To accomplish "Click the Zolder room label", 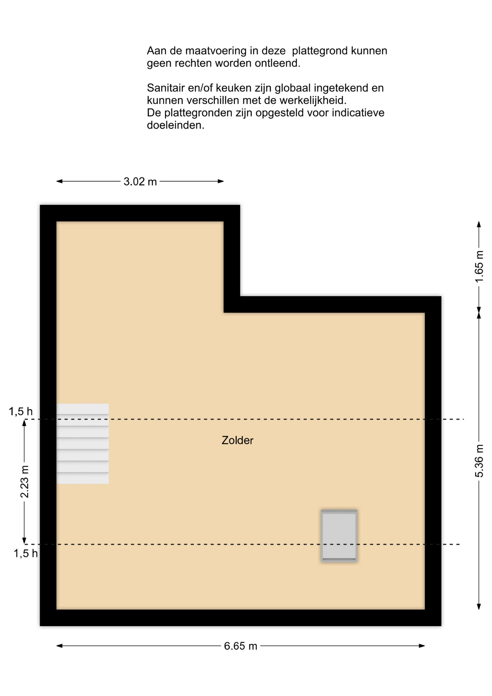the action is click(x=237, y=440).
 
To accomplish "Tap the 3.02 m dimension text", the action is click(x=140, y=181).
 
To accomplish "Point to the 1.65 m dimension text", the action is click(x=479, y=266).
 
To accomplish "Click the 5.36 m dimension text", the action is click(x=479, y=461).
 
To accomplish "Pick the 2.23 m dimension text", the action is click(x=24, y=481).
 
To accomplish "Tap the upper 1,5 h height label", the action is click(x=21, y=411).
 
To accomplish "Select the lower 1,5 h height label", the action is click(x=26, y=553).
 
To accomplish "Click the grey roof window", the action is click(x=339, y=536).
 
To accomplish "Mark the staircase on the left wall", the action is click(x=83, y=444).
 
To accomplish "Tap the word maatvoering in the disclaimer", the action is click(x=216, y=51).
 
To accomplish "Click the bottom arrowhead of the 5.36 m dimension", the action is click(x=479, y=606).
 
